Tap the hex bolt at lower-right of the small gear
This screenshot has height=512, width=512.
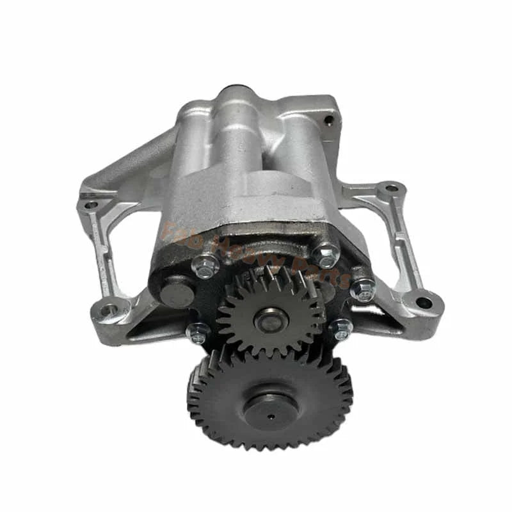tap(340, 329)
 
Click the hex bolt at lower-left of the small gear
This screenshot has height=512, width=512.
tap(198, 332)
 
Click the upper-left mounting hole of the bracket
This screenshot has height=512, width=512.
tap(90, 205)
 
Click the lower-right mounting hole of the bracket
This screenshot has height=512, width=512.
tap(423, 301)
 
